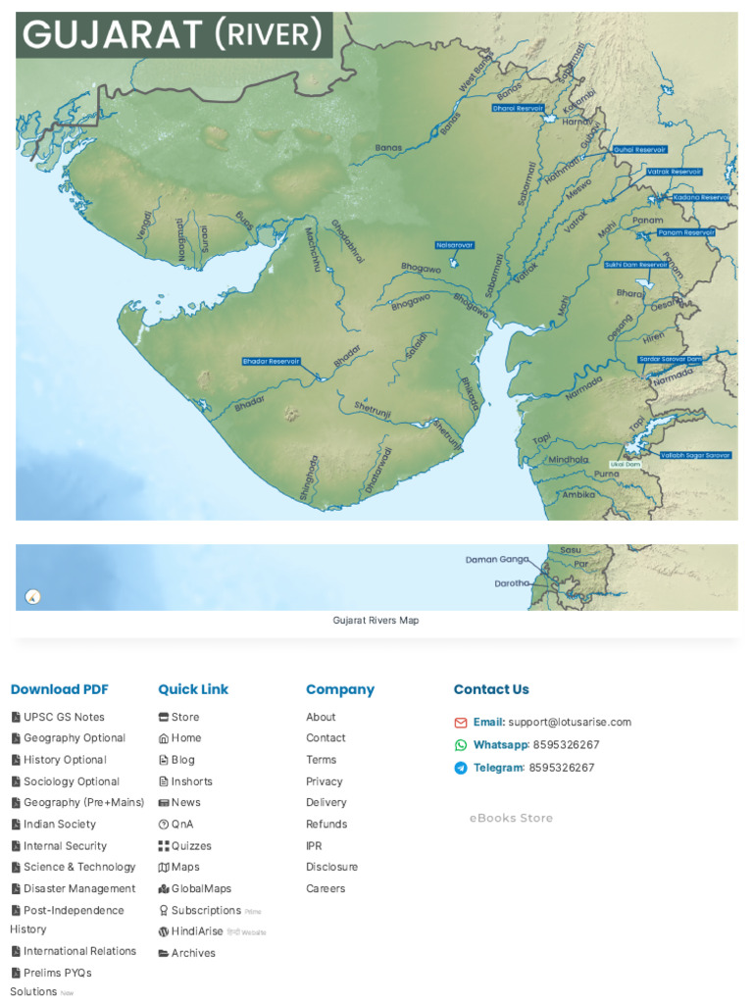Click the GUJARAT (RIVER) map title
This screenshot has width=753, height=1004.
(x=173, y=35)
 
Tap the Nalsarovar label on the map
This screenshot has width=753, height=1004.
(x=455, y=245)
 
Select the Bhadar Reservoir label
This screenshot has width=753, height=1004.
(x=272, y=362)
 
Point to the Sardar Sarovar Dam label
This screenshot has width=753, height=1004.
(x=671, y=360)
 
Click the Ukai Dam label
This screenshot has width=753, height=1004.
(x=625, y=464)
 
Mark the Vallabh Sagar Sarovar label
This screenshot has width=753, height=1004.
(x=695, y=455)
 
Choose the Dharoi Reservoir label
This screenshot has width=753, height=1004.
(x=518, y=109)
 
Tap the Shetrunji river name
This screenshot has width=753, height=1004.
(x=373, y=409)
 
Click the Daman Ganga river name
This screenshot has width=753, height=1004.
(x=496, y=560)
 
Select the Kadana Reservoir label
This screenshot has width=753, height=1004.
(x=701, y=198)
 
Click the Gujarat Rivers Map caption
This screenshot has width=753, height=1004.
(x=376, y=621)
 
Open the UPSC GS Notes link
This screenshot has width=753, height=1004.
(x=64, y=717)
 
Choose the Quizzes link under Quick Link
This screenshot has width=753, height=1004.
(x=191, y=845)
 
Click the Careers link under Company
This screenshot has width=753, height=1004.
(x=325, y=888)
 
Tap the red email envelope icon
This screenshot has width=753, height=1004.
(x=461, y=723)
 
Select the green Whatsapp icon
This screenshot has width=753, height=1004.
(x=461, y=745)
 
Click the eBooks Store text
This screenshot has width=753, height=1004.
(x=511, y=818)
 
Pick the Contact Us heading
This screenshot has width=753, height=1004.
(x=491, y=689)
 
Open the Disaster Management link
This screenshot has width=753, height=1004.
(x=79, y=888)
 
